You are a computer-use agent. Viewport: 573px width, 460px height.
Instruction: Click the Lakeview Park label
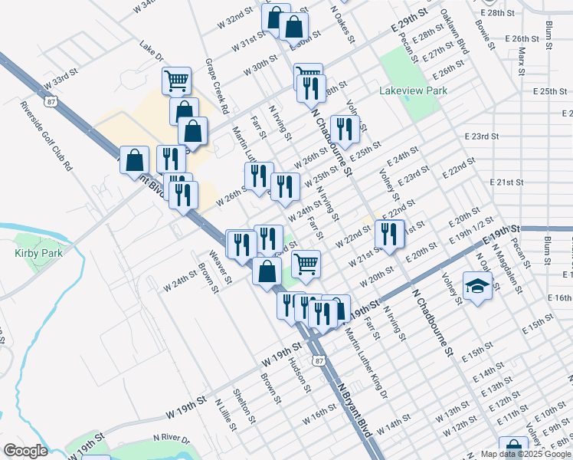413,90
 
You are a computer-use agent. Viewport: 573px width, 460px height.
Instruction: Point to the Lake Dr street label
152,51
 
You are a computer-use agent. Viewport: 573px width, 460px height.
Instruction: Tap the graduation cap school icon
477,287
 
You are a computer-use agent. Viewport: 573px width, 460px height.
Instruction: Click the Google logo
25,451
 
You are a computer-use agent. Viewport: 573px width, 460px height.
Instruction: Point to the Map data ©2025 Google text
526,454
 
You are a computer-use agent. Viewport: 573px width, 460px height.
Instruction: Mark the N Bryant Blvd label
354,409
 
